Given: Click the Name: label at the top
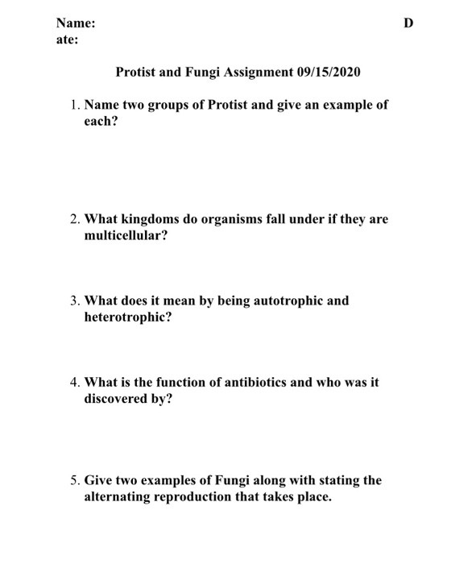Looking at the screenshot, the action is [x=76, y=23].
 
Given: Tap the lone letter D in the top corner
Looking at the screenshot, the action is [x=408, y=23].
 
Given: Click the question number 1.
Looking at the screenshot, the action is [x=73, y=106].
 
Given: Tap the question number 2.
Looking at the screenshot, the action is [x=73, y=219].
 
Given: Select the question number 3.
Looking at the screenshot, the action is [x=73, y=301].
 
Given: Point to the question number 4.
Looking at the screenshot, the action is [x=73, y=383].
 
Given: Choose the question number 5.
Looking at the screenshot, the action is [x=73, y=480].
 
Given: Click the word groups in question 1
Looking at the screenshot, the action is [x=174, y=106].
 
